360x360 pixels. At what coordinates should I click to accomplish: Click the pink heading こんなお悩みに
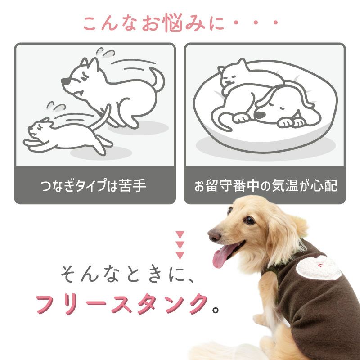(x=153, y=23)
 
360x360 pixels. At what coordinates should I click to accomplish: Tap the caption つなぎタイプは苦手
(x=94, y=185)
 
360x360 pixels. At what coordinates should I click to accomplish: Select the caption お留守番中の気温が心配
(x=265, y=186)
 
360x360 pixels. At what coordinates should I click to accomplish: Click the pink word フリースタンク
(x=121, y=304)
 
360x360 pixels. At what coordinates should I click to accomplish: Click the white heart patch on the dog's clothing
(x=319, y=267)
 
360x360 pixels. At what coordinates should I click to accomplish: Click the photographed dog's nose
(x=215, y=235)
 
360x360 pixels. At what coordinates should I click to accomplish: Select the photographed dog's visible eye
(x=249, y=220)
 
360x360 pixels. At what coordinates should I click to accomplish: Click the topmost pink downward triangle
(x=180, y=234)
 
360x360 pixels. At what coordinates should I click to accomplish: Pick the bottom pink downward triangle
(x=180, y=255)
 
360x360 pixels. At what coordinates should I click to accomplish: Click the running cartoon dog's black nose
(x=66, y=81)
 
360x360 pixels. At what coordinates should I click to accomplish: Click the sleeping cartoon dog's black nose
(x=260, y=115)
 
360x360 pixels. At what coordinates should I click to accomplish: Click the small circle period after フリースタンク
(x=216, y=310)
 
